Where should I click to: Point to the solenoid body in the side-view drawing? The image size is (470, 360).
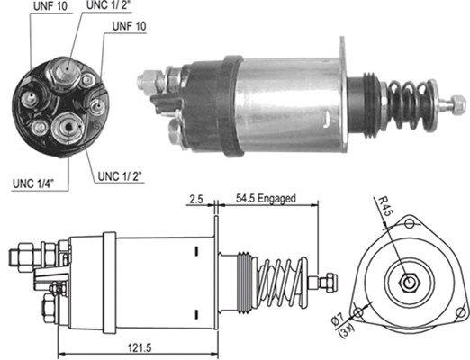click(158, 279)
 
